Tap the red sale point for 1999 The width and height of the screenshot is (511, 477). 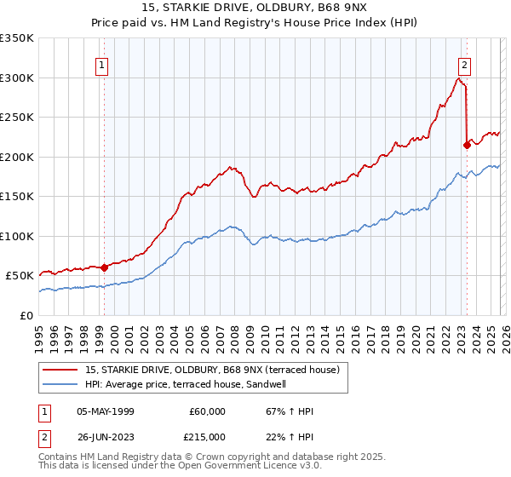104,267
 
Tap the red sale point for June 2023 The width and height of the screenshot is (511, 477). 467,145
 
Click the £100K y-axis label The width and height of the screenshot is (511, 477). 17,236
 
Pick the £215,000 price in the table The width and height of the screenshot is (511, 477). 208,437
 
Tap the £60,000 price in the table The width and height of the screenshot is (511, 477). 208,411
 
